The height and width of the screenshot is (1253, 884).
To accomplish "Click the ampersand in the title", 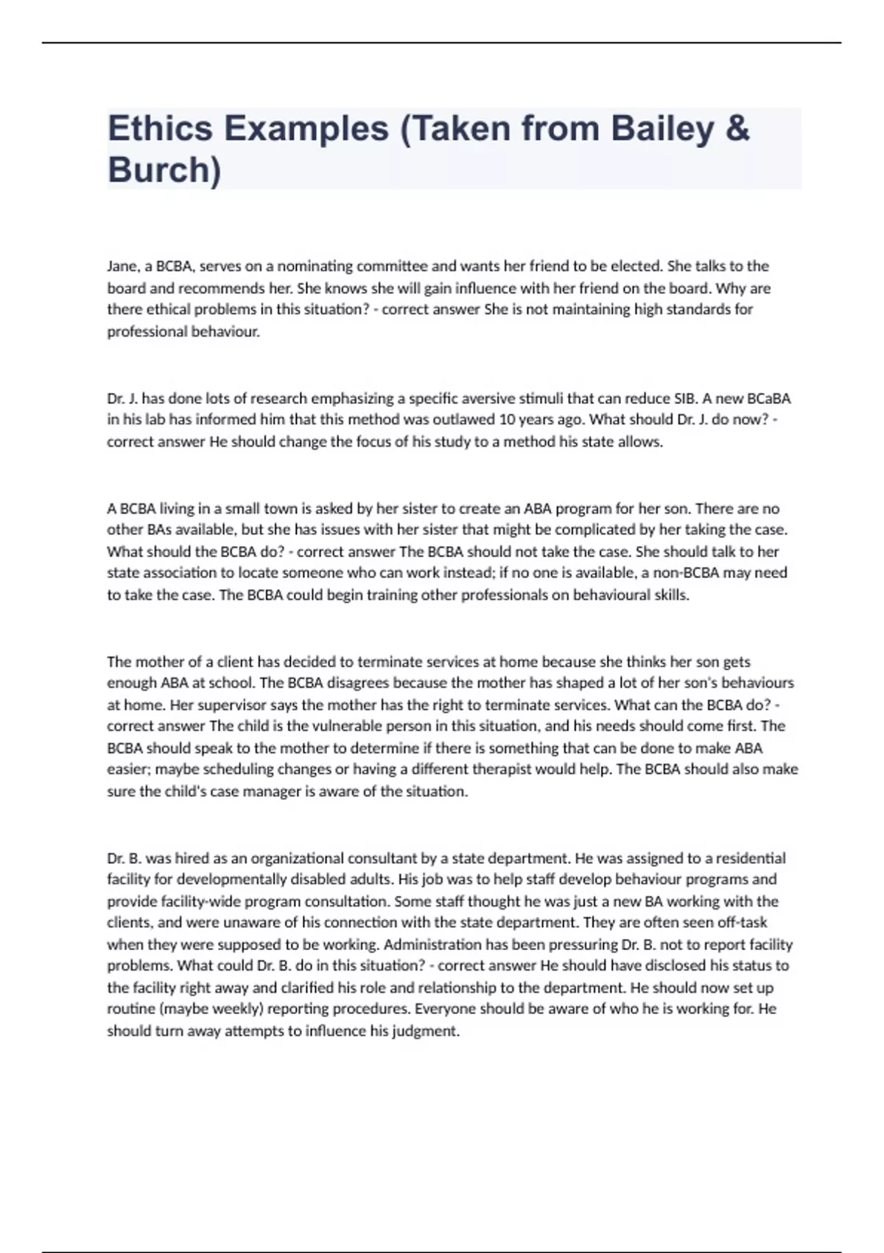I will [737, 129].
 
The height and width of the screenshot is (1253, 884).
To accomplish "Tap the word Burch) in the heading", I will [164, 170].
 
